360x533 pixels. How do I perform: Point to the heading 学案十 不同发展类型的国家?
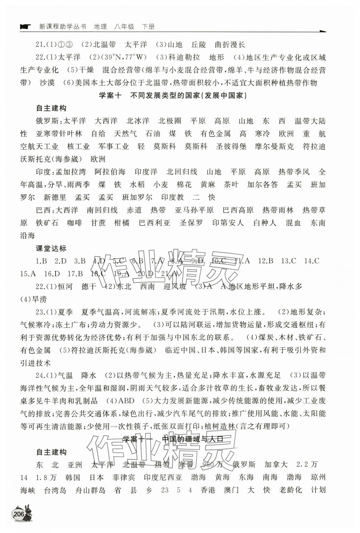click(173, 96)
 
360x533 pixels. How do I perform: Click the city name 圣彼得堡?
click(231, 146)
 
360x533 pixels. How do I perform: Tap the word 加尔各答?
click(263, 184)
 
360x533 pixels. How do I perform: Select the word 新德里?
click(55, 197)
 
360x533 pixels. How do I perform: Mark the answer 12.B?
click(266, 261)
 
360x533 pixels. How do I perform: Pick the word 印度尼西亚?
click(163, 477)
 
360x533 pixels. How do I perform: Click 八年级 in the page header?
click(124, 27)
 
